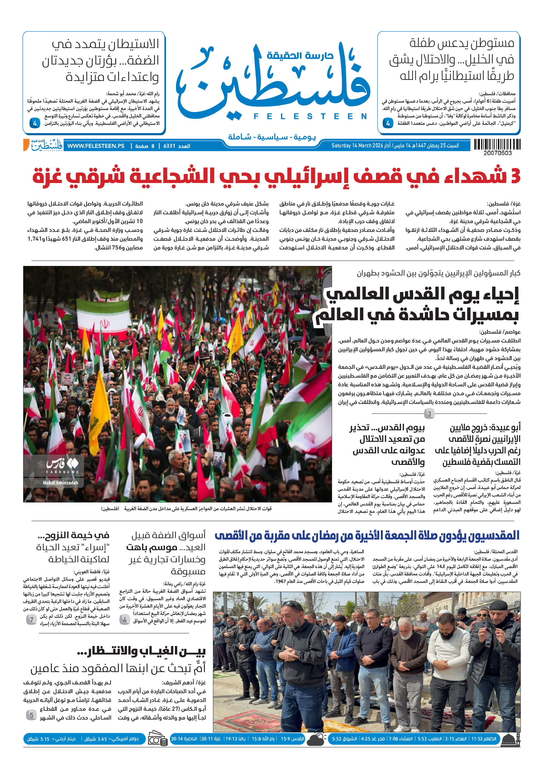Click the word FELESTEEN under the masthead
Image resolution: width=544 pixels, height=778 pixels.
[x=310, y=117]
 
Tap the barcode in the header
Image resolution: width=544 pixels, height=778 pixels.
[x=497, y=145]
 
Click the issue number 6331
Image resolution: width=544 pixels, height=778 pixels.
[x=169, y=146]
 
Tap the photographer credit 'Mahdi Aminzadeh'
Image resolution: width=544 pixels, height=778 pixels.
[x=61, y=482]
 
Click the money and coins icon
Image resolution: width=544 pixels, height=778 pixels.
[x=158, y=739]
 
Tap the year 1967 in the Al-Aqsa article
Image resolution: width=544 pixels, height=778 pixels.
[x=280, y=582]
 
